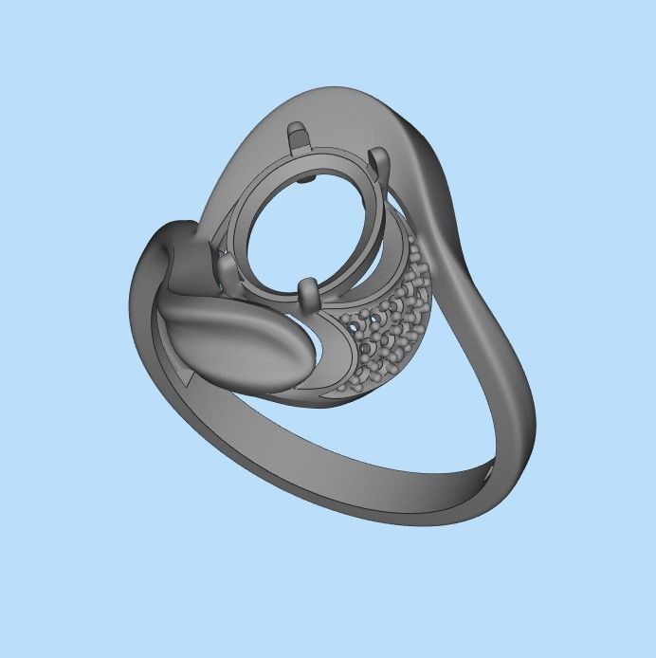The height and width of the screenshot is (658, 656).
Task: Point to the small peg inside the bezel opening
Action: pos(312,176)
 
